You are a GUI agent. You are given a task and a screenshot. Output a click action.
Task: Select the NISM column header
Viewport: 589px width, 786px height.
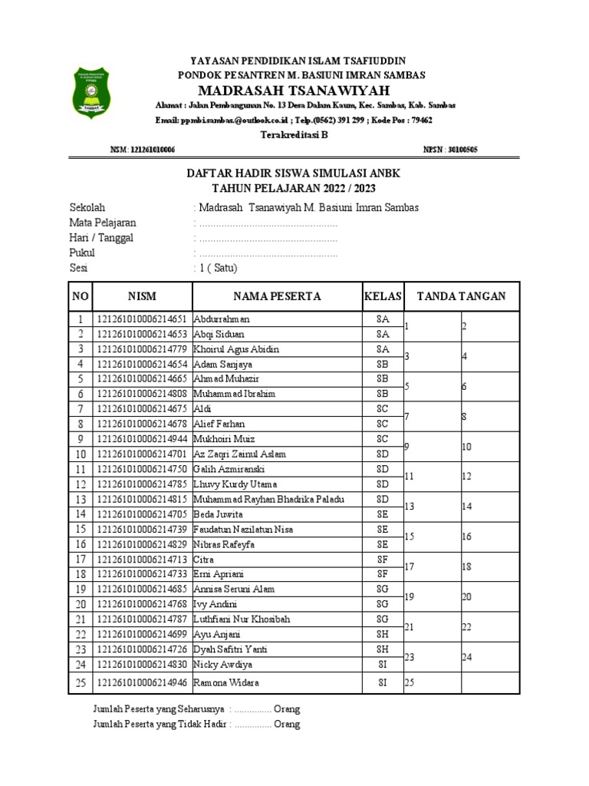point(142,296)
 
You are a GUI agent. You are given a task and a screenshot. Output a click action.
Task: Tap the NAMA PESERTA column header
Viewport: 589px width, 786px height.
point(277,296)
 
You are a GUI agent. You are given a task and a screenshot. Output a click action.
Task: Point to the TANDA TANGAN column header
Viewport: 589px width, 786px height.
point(461,296)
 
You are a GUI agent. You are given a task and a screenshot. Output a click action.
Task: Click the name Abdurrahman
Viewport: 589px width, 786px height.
point(222,319)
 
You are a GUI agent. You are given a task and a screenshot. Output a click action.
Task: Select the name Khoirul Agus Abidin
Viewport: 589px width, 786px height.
point(236,349)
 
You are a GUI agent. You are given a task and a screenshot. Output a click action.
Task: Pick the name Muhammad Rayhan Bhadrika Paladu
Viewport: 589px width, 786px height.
point(268,500)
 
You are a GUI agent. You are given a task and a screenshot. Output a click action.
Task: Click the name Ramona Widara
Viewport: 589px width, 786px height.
point(226,682)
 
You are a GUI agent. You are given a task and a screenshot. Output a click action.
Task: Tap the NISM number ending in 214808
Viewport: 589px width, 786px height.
point(142,394)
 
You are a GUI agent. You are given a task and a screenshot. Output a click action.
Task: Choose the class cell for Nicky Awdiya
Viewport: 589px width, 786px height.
point(383,664)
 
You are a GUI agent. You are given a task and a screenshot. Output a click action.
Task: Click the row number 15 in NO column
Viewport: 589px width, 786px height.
point(80,530)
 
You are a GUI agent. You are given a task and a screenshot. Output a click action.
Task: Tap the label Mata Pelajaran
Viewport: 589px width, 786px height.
point(103,223)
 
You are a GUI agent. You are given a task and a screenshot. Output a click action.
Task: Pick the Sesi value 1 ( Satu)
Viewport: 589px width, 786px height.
point(217,269)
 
